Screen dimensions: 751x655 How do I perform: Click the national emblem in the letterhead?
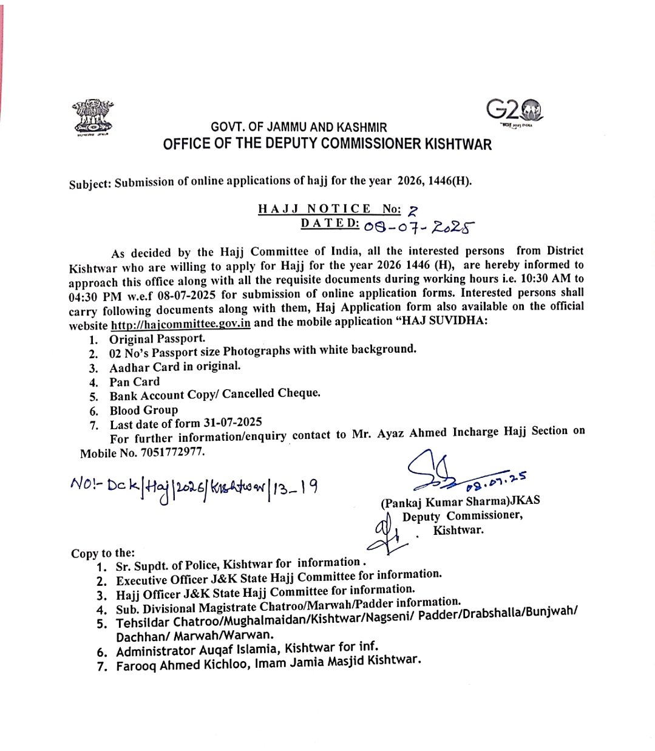point(93,117)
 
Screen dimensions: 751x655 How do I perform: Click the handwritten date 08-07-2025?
point(418,226)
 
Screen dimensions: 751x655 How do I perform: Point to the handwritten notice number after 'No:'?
point(413,211)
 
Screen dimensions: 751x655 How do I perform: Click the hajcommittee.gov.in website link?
point(180,324)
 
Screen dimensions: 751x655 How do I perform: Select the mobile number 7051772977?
point(172,452)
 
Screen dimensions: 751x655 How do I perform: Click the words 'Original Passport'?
point(157,339)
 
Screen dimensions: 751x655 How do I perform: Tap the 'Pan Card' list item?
point(134,382)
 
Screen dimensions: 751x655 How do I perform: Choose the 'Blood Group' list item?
point(143,410)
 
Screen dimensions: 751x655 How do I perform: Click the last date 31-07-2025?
point(232,422)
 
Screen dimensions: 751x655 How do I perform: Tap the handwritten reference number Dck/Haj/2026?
point(194,488)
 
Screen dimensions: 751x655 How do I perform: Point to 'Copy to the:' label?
point(103,553)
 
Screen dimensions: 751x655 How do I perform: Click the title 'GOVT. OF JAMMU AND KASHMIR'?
point(299,127)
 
